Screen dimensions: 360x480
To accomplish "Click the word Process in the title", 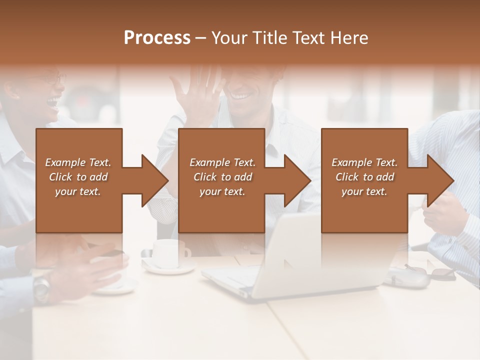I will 157,38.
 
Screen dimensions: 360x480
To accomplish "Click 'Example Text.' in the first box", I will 78,162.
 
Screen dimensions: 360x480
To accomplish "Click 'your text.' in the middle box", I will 222,191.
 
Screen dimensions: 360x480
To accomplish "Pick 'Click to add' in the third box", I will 364,177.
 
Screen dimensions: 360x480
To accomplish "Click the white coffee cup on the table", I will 167,254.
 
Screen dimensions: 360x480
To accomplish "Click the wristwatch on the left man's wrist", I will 41,287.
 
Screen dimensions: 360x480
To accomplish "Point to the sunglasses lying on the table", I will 435,272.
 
